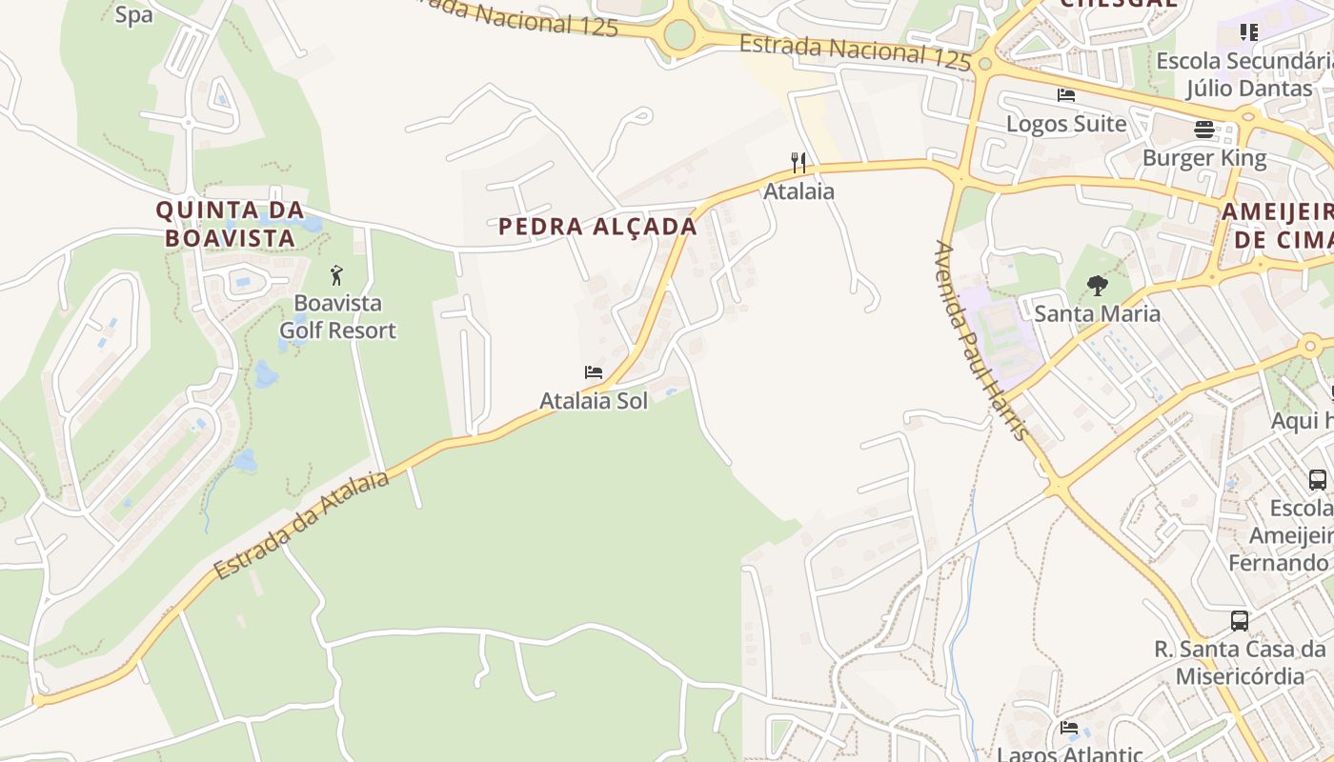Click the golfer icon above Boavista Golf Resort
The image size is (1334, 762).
pos(336,276)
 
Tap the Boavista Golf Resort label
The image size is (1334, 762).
pos(337,317)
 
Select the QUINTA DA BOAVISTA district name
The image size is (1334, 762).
pos(230,224)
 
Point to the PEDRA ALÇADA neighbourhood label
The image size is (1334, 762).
pos(597,227)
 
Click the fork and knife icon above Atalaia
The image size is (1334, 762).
pos(798,163)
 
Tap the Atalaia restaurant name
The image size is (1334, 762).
pos(798,191)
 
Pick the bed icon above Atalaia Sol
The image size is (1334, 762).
pos(594,372)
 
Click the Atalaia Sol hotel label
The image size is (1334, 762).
pos(594,401)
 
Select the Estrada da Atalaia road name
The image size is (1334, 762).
pos(301,525)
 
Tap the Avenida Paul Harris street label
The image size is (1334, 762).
pos(982,340)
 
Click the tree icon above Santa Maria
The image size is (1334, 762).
pos(1098,285)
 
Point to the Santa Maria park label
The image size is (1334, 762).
pos(1098,313)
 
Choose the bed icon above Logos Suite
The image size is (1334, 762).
pos(1066,95)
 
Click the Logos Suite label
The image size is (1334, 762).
pos(1066,124)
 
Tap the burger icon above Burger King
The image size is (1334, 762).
pos(1204,130)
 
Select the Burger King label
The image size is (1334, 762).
pos(1204,158)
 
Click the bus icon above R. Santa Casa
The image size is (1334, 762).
pos(1240,621)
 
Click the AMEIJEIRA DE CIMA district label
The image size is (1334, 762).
pos(1277,225)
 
